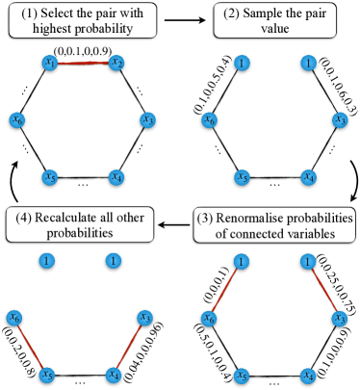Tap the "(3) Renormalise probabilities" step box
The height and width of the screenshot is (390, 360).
coord(277,223)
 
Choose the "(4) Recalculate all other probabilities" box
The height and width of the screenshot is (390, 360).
coord(84,223)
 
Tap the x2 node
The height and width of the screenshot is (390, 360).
coord(116,64)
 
